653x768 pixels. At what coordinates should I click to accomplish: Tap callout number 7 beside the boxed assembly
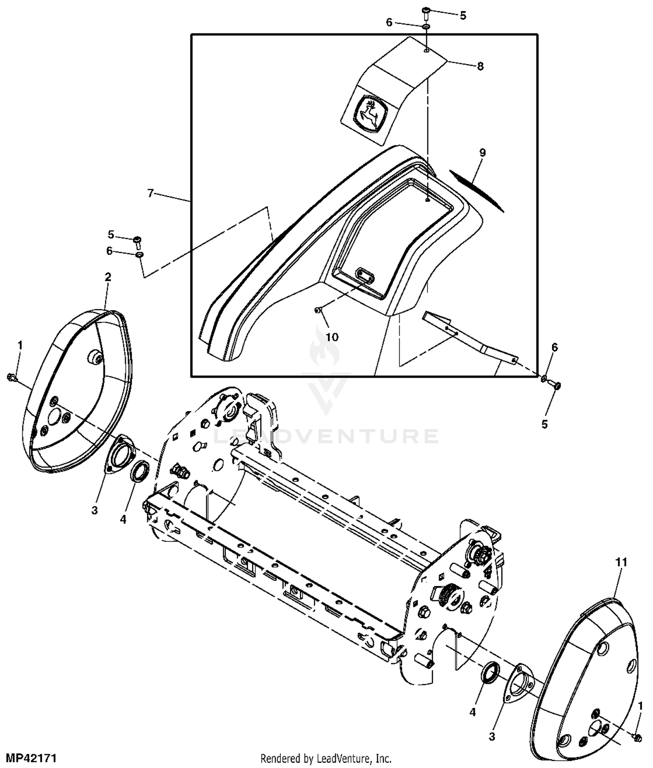(x=151, y=193)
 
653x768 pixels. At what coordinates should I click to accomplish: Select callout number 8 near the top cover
(x=480, y=66)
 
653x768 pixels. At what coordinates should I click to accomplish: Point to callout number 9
(x=482, y=152)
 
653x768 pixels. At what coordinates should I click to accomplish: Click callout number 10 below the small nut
(x=332, y=337)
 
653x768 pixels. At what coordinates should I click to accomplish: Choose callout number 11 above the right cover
(x=621, y=562)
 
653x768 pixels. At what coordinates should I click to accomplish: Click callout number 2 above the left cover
(x=108, y=277)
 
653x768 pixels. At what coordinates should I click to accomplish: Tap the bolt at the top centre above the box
(x=426, y=13)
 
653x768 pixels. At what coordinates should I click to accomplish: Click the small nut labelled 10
(x=318, y=309)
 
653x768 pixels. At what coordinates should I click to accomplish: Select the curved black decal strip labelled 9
(x=476, y=190)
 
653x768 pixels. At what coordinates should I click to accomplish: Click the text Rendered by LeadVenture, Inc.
(x=326, y=759)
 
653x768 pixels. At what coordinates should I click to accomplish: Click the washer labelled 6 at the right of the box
(x=544, y=379)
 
